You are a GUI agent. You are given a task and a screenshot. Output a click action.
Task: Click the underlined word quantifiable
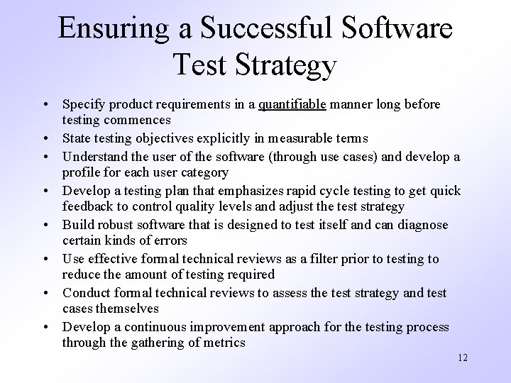292,104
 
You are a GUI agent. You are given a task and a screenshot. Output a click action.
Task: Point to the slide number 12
462,357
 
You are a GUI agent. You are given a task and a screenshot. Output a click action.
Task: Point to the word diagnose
423,225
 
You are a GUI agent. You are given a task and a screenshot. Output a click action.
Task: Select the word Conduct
86,293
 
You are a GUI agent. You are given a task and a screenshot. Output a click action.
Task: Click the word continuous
153,327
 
